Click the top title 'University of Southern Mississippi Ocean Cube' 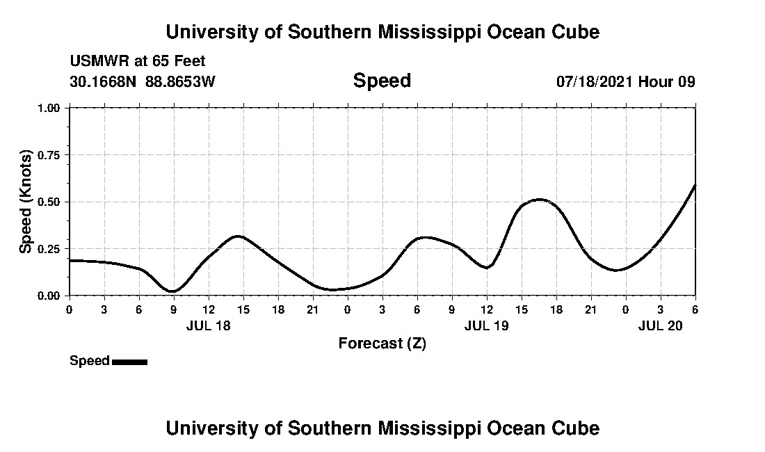pos(382,32)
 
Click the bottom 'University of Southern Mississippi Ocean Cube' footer pos(382,428)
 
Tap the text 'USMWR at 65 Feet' pos(138,61)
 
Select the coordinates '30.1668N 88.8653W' pos(143,81)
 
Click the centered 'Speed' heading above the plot pos(382,81)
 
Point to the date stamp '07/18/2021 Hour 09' pos(625,81)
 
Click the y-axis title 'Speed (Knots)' pos(26,201)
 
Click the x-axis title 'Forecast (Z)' pos(382,343)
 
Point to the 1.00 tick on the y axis pos(50,108)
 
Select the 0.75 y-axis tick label pos(50,155)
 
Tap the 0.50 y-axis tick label pos(50,202)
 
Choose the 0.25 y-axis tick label pos(50,249)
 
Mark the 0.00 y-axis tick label pos(50,296)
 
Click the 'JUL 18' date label pos(209,325)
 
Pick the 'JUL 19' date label pos(487,325)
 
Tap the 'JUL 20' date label pos(661,325)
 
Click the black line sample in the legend pos(129,362)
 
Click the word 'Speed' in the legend pos(90,361)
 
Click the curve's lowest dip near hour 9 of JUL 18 pos(172,291)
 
